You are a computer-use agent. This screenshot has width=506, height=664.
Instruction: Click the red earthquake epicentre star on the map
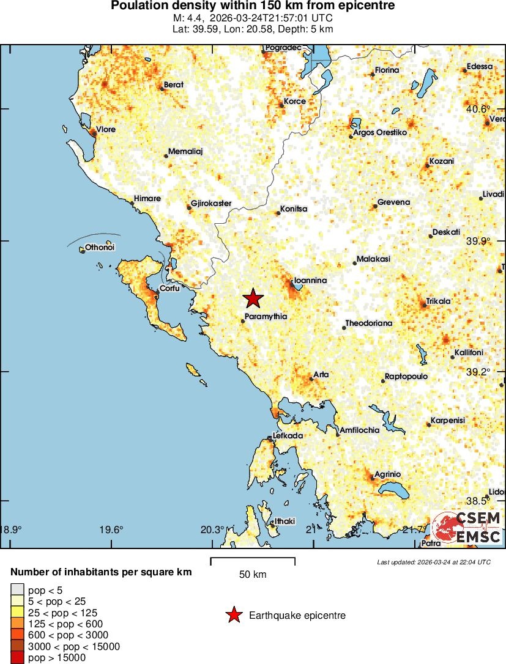pos(253,298)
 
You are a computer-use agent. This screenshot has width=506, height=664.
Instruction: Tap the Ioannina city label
pos(311,281)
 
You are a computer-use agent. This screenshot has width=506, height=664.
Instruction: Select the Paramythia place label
pos(266,317)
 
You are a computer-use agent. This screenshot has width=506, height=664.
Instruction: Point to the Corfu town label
pos(169,289)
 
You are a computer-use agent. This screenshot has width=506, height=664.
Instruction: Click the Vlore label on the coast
pos(106,130)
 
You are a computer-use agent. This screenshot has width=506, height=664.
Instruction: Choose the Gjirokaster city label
pos(211,202)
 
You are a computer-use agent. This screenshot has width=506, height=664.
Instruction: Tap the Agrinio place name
pos(387,474)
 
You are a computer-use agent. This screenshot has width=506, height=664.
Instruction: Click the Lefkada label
pos(288,436)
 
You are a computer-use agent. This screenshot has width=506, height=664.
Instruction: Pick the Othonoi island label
pos(100,248)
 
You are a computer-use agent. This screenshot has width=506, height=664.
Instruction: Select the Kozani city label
pos(442,161)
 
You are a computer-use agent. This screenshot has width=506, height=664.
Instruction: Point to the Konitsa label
pos(294,209)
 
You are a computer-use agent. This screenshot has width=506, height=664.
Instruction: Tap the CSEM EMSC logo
pos(467,528)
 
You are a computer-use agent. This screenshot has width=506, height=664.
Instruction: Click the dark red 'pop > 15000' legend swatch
pos(17,658)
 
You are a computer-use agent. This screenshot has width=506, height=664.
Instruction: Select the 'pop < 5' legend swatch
pos(17,590)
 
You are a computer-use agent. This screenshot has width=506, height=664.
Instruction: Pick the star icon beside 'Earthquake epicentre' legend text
pos(233,616)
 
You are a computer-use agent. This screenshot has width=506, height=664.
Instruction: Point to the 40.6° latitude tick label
pos(478,109)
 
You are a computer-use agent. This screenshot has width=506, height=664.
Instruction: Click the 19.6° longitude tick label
pos(112,529)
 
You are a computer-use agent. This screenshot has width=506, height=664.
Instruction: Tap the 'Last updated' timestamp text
pos(434,561)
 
